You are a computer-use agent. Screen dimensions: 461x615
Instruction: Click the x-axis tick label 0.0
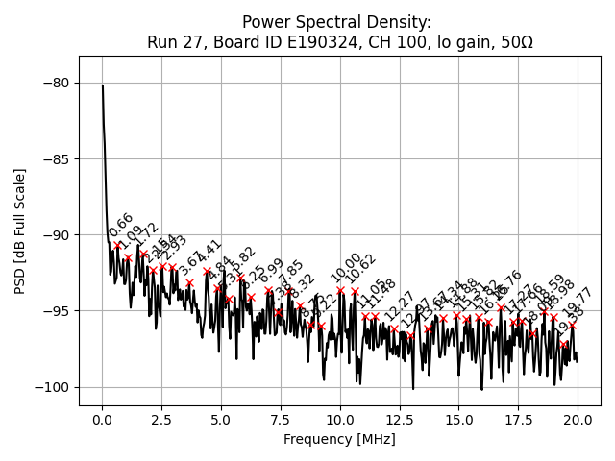point(102,421)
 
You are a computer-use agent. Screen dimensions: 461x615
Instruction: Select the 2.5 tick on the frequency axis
point(161,421)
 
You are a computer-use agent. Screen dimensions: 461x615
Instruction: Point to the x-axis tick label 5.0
point(221,421)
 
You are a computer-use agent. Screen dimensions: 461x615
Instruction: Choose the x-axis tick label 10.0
point(339,421)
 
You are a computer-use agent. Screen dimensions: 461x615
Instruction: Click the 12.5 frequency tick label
point(399,421)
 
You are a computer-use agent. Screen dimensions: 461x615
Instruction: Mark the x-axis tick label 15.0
point(458,421)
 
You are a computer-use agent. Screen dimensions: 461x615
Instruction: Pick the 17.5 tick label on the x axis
point(518,421)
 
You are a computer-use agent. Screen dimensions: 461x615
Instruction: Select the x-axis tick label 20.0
point(577,421)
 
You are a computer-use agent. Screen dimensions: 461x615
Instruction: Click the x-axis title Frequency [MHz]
point(339,439)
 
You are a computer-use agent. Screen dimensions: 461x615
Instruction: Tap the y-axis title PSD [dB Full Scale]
point(19,230)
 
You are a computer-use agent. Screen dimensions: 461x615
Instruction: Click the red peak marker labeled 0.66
point(118,245)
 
